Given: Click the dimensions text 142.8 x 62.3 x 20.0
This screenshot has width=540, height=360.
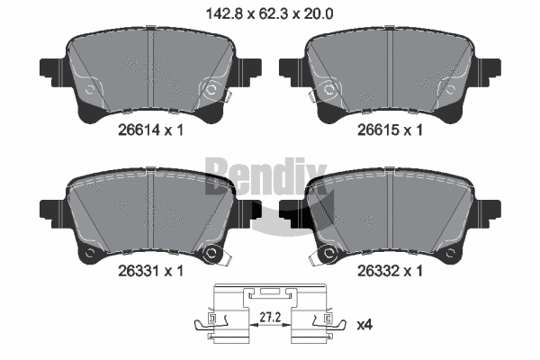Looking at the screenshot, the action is [x=269, y=14].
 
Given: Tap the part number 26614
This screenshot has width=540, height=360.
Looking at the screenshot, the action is [x=139, y=130].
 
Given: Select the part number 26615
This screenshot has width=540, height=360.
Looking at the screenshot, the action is [x=378, y=130].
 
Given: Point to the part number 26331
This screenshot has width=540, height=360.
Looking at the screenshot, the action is [x=139, y=271].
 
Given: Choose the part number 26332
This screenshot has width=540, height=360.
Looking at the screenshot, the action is [x=378, y=271].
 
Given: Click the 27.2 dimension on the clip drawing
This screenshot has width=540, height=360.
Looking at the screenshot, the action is [x=270, y=317].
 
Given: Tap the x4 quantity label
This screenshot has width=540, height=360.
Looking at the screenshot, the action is [x=364, y=325].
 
